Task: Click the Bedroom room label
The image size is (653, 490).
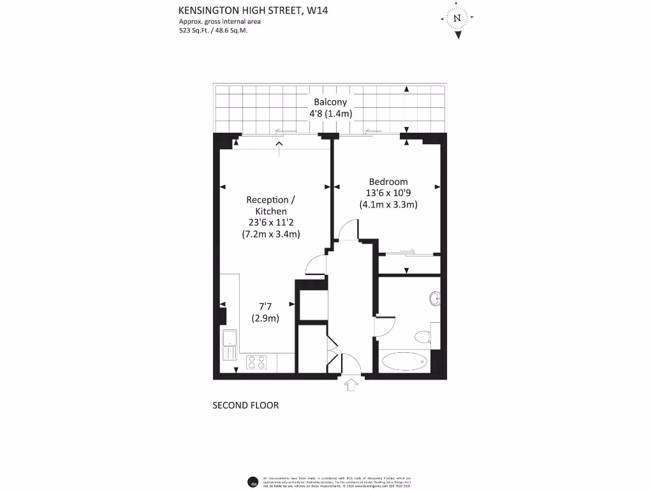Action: [x=388, y=182]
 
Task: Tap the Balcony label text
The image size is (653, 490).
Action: [x=330, y=102]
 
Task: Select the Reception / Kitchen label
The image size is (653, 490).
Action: [x=271, y=205]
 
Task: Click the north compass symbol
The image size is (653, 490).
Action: [x=457, y=19]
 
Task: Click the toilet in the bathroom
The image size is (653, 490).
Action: [x=423, y=337]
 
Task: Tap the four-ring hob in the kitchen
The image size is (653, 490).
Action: [x=256, y=362]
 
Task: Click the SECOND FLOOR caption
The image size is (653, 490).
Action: [x=246, y=405]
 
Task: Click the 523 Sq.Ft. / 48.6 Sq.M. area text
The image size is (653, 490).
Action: [x=212, y=30]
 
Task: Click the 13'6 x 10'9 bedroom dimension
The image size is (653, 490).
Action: [x=388, y=193]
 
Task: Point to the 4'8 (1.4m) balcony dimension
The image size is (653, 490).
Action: [x=330, y=114]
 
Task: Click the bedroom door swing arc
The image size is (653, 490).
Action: [x=348, y=230]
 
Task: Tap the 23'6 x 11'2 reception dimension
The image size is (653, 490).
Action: [x=271, y=223]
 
